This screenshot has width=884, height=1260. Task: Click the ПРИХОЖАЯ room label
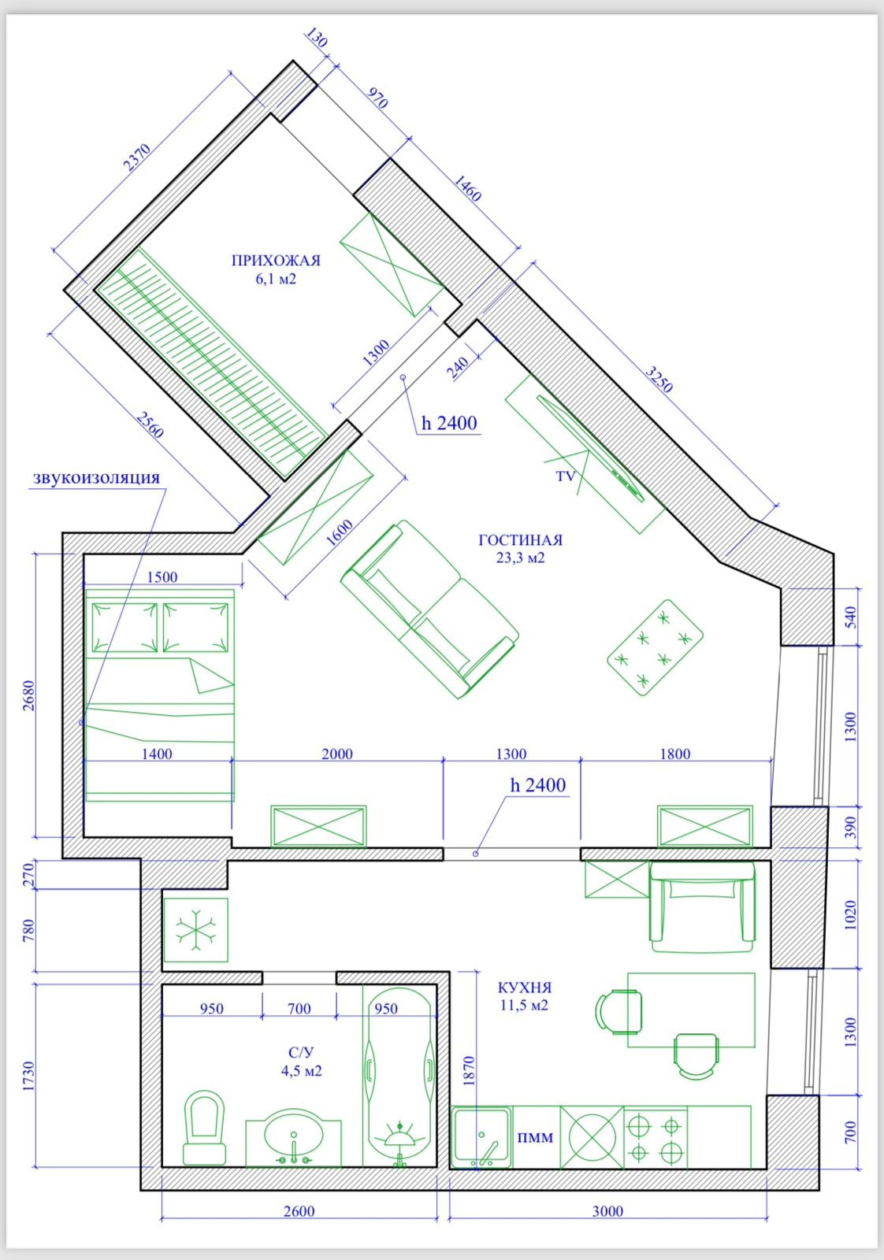276,261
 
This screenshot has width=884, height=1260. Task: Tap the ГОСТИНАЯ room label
521,540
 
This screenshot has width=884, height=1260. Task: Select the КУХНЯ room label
525,988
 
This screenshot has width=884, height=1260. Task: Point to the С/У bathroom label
301,1053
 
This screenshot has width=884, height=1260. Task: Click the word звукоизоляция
96,478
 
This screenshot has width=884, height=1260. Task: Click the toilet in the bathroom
204,1128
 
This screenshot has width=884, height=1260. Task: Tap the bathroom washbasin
293,1137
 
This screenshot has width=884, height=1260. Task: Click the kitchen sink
481,1136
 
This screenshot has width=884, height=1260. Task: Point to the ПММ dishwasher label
536,1137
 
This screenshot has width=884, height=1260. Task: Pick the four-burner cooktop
656,1137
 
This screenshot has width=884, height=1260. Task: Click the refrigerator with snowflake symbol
196,930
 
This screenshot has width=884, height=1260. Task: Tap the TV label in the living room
566,476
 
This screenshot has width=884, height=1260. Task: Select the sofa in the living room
430,610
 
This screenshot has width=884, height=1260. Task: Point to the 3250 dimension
659,379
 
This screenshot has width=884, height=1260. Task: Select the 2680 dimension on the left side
28,696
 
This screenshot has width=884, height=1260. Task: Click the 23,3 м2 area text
521,558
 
